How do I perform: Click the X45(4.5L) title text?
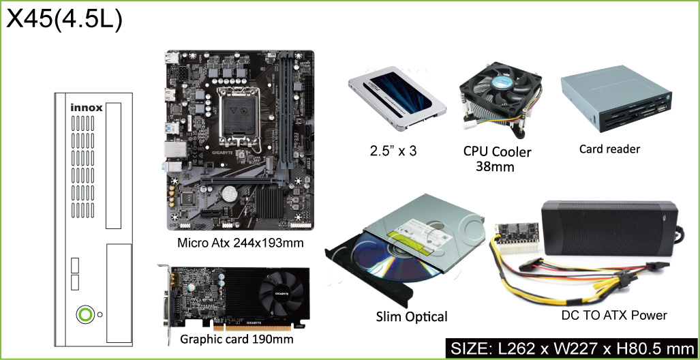click(64, 20)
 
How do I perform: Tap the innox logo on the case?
click(87, 108)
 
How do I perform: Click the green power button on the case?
click(85, 314)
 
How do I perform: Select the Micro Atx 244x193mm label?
click(240, 243)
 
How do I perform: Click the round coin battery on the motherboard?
click(230, 192)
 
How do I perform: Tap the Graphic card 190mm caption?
click(237, 339)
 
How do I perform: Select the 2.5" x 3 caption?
click(393, 151)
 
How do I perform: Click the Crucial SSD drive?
click(397, 97)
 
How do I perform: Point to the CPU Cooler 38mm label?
click(497, 159)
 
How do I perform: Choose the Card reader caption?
click(609, 149)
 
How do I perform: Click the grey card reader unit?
click(615, 104)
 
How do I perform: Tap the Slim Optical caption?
click(411, 316)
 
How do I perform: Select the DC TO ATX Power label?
click(614, 315)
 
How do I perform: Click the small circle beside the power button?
click(100, 314)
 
